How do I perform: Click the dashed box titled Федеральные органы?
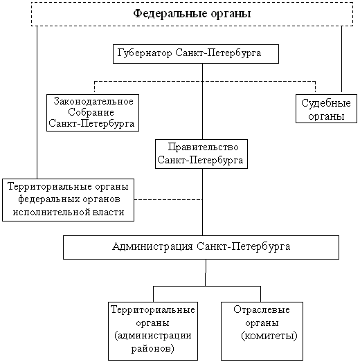click(x=192, y=3)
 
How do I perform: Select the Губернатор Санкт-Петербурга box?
click(x=196, y=46)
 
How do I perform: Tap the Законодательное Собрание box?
click(x=93, y=96)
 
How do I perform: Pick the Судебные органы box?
click(x=326, y=96)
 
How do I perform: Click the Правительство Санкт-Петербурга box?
click(x=201, y=141)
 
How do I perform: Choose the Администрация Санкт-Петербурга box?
click(x=201, y=237)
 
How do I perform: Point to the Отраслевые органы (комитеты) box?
click(x=262, y=303)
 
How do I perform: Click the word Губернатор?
click(x=145, y=53)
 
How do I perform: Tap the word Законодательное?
click(x=93, y=102)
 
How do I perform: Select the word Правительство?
click(x=203, y=147)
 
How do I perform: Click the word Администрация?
click(x=152, y=246)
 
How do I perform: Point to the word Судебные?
click(x=326, y=103)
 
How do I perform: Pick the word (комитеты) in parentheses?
click(x=269, y=336)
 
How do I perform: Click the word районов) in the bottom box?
click(x=152, y=349)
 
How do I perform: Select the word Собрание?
click(x=91, y=112)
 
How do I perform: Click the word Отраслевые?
click(x=262, y=310)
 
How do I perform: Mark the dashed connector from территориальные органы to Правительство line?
click(x=168, y=199)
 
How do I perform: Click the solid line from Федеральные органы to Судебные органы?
click(x=342, y=59)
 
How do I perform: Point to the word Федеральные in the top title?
click(x=170, y=14)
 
